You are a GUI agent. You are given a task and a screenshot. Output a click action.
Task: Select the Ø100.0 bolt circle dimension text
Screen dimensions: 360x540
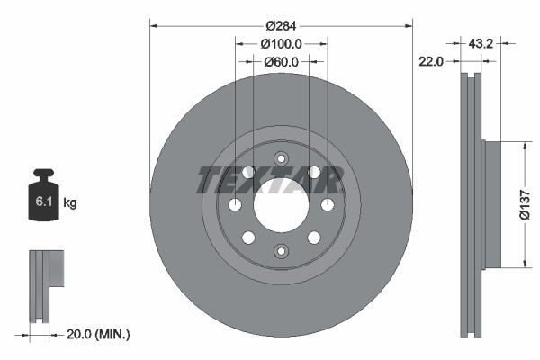pyautogui.click(x=281, y=43)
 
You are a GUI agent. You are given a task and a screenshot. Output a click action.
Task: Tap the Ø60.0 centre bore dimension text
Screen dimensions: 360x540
pyautogui.click(x=281, y=62)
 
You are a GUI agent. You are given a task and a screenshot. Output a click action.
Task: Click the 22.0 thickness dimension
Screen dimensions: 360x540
pyautogui.click(x=433, y=61)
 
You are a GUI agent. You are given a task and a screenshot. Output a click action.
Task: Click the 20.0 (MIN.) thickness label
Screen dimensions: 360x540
pyautogui.click(x=99, y=334)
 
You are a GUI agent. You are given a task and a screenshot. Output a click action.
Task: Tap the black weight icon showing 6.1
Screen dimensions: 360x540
pyautogui.click(x=42, y=196)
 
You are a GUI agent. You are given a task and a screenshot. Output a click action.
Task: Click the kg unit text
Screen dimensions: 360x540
pyautogui.click(x=70, y=203)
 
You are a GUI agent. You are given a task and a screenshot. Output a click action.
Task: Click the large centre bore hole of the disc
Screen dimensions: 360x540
pyautogui.click(x=280, y=205)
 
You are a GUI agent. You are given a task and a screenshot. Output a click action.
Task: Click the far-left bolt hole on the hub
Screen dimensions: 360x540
pyautogui.click(x=236, y=205)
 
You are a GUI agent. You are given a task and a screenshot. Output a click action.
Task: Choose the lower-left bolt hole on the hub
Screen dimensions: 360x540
pyautogui.click(x=247, y=238)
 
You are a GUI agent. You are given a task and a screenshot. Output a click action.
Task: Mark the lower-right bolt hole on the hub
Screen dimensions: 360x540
pyautogui.click(x=313, y=238)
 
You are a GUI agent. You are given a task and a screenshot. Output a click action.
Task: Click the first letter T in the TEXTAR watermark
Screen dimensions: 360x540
pyautogui.click(x=209, y=180)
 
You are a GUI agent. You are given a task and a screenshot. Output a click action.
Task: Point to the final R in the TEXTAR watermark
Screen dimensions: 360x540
pyautogui.click(x=329, y=180)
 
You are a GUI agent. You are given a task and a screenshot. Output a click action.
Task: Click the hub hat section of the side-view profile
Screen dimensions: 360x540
pyautogui.click(x=491, y=203)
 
